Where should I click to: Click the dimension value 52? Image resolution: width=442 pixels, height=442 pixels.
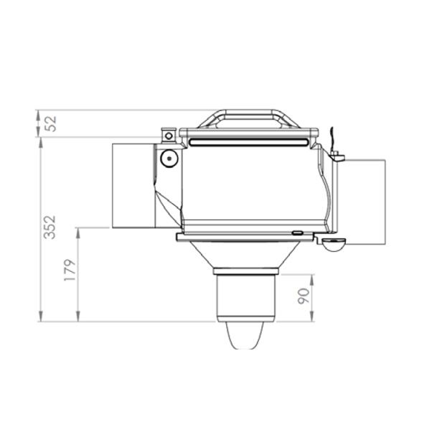51,123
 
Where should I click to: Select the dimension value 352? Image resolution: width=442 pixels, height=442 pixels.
50,227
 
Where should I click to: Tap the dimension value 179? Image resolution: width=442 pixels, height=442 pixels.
70,270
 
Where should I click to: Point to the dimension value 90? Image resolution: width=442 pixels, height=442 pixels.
304,296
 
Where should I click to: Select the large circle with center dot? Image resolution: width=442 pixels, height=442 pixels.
169,159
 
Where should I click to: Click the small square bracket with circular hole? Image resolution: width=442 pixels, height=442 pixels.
169,136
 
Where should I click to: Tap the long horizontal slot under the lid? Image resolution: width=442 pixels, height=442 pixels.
248,142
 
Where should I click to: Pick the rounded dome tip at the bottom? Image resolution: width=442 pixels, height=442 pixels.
245,336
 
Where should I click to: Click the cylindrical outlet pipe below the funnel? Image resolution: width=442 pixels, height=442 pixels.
245,298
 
